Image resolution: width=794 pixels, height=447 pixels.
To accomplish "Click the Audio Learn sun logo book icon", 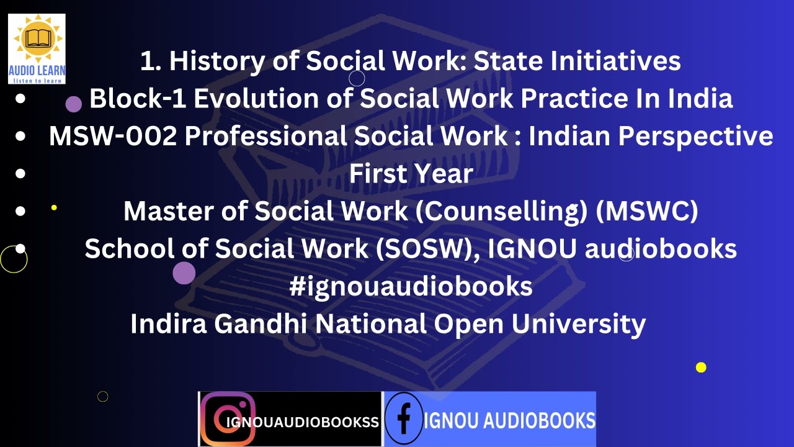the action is (38, 38).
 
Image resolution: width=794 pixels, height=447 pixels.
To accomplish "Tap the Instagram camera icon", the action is (228, 419).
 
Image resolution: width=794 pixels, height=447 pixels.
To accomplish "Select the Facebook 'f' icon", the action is (404, 418).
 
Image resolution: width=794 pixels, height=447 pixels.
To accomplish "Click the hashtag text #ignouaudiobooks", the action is (411, 286).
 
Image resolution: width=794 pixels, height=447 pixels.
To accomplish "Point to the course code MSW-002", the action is (113, 136).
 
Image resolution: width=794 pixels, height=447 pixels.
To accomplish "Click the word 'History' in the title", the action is (217, 61).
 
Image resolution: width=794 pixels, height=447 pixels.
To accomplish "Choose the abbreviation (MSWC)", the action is (647, 211).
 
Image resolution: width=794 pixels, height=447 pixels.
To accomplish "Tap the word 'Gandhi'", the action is (261, 323).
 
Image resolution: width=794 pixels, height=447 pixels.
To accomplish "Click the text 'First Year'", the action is (411, 173).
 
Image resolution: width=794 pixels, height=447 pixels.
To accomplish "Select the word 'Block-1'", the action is (138, 98).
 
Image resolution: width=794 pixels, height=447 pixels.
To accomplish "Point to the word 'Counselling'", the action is (502, 212).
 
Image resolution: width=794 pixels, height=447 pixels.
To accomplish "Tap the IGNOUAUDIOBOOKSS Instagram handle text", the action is (303, 422).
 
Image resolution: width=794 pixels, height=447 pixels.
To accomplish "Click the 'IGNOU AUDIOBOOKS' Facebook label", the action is (510, 421).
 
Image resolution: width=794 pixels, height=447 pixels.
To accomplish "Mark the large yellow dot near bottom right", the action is (701, 368).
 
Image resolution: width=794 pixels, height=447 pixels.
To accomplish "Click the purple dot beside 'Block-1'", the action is (74, 104).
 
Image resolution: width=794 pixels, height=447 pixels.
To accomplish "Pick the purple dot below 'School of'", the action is (184, 273).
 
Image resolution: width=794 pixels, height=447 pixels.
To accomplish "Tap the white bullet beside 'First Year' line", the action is (20, 173).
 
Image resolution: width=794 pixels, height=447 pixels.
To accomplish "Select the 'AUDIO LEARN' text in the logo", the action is (37, 71).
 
